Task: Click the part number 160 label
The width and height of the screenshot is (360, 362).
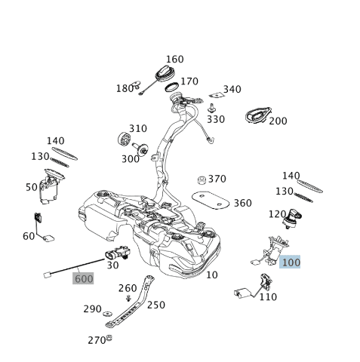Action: point(174,60)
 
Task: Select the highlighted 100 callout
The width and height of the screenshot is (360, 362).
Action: point(290,262)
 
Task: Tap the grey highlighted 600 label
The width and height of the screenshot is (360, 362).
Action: point(83,278)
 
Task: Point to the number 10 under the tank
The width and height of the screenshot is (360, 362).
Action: point(211,275)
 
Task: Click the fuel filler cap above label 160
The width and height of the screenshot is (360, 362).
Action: point(165,76)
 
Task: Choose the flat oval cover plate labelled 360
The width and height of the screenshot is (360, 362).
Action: point(211,200)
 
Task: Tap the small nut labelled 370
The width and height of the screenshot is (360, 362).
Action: point(202,179)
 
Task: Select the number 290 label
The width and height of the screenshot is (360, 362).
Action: point(92,309)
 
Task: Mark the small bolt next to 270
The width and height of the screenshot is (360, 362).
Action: point(110,339)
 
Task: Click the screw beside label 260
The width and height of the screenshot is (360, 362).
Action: point(128,298)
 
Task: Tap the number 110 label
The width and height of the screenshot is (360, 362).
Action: point(268,297)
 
